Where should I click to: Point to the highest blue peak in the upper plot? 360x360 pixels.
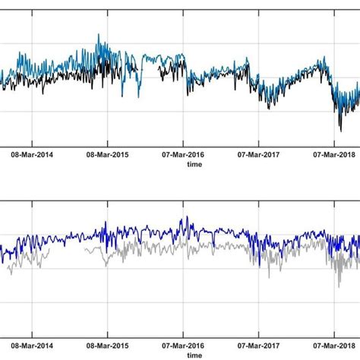[x=99, y=35]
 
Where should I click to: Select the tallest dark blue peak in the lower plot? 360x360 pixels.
[x=182, y=219]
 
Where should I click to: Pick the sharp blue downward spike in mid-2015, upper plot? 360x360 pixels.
[x=139, y=96]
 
